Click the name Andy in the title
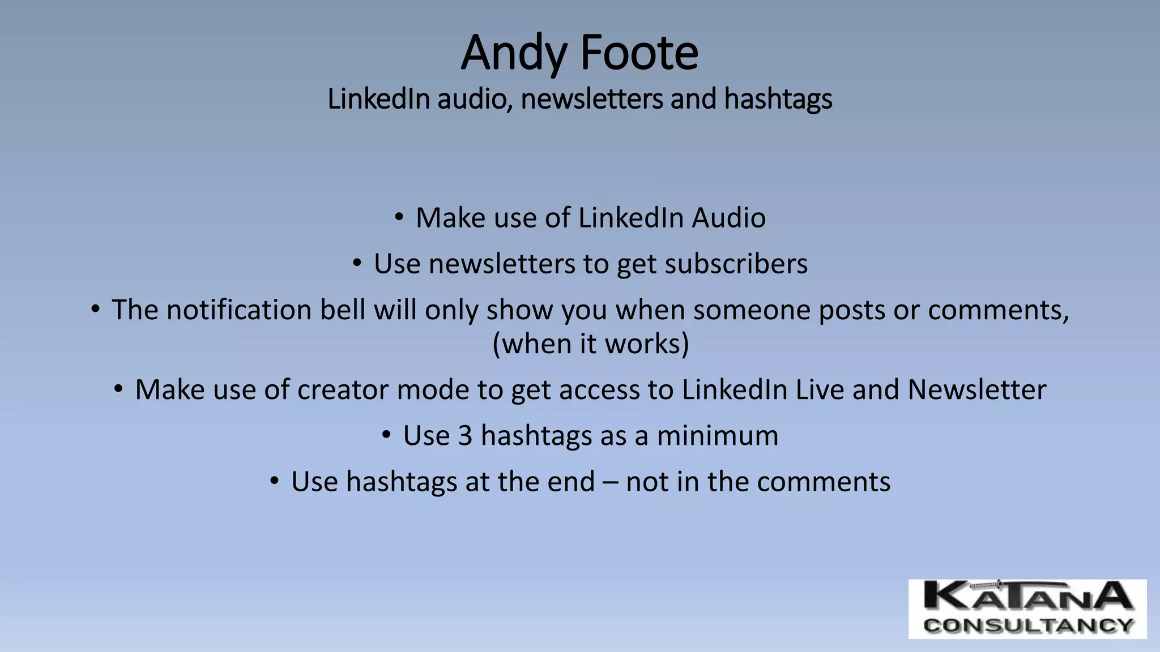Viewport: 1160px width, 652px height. click(513, 53)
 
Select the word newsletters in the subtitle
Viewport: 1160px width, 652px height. click(592, 99)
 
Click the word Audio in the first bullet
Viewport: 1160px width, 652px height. click(729, 218)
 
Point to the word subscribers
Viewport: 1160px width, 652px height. click(736, 264)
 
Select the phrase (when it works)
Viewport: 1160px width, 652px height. click(591, 344)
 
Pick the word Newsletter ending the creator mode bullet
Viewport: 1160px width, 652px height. click(976, 390)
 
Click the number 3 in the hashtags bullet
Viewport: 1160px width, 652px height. click(465, 436)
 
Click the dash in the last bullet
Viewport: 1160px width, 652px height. click(611, 482)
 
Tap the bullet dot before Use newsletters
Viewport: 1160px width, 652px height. click(356, 263)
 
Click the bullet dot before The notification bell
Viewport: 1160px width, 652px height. click(95, 309)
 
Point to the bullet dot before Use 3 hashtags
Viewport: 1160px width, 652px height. click(386, 435)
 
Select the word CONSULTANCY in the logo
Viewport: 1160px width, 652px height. click(1027, 626)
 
